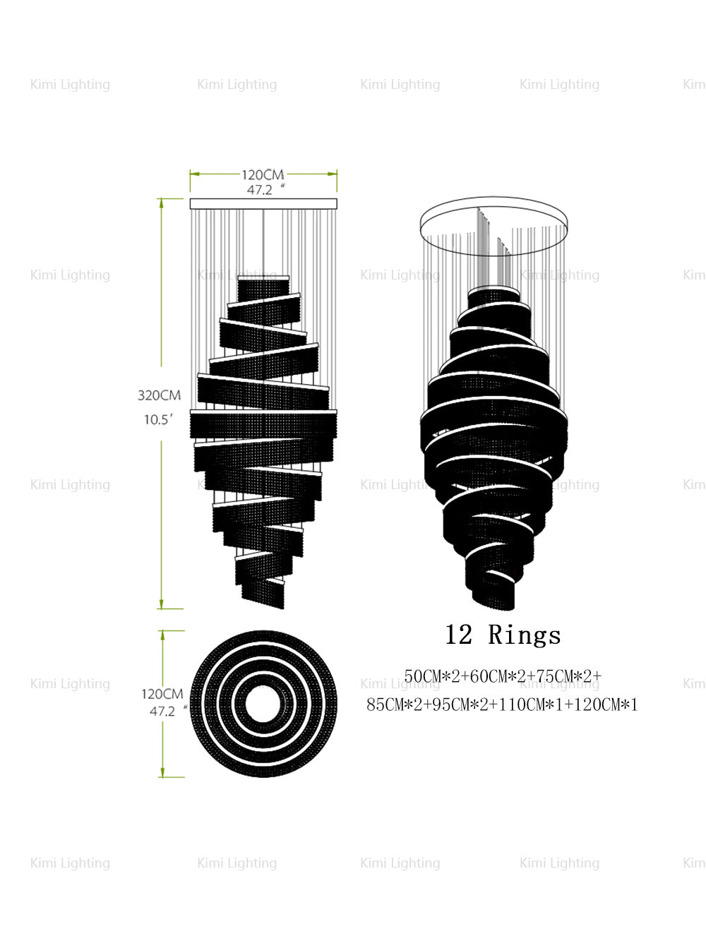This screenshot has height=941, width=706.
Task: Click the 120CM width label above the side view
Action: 263,174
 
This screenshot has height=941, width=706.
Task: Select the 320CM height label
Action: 159,395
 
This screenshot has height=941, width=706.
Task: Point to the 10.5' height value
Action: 158,419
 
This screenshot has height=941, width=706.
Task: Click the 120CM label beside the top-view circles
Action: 162,695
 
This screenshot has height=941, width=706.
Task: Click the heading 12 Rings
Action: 503,635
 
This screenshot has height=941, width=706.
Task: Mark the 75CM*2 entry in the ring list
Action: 568,676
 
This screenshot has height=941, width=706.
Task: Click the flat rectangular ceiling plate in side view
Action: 263,204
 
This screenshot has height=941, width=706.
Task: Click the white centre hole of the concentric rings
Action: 263,704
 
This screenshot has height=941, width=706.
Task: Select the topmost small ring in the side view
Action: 263,287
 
